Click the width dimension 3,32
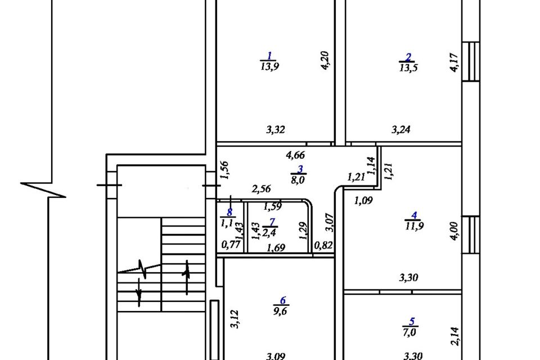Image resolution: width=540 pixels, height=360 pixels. tap(276, 129)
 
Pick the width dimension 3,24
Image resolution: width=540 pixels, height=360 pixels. tap(401, 129)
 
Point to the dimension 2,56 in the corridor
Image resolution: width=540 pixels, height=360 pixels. tap(262, 188)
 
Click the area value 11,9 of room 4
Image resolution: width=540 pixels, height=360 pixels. tap(414, 226)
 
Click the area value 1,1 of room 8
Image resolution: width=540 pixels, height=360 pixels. tap(228, 223)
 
